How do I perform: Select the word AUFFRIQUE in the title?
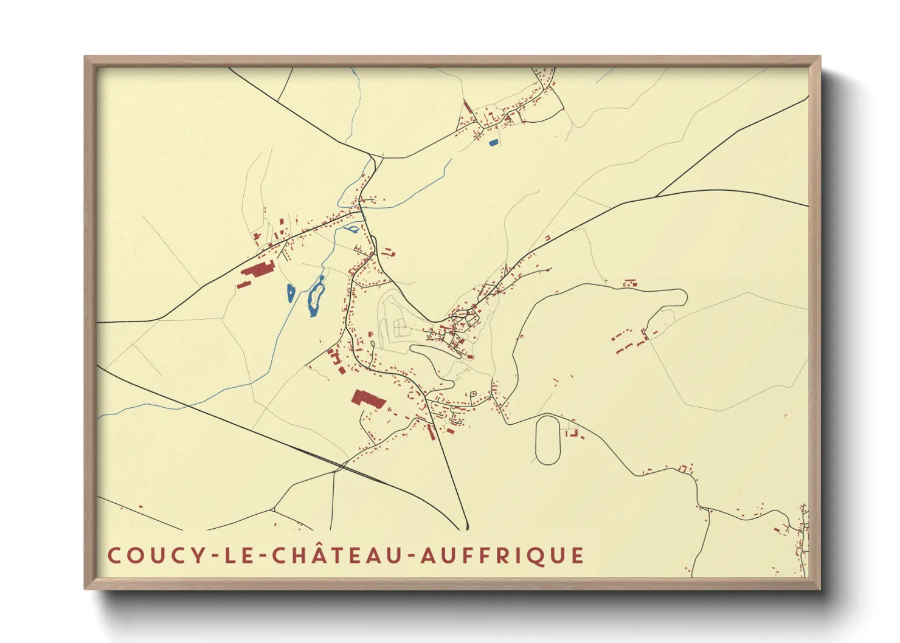[x=502, y=555]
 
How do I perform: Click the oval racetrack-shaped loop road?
[x=547, y=440]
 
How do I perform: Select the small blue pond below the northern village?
[x=493, y=143]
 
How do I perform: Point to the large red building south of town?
[x=368, y=399]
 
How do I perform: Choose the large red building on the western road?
[x=258, y=269]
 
